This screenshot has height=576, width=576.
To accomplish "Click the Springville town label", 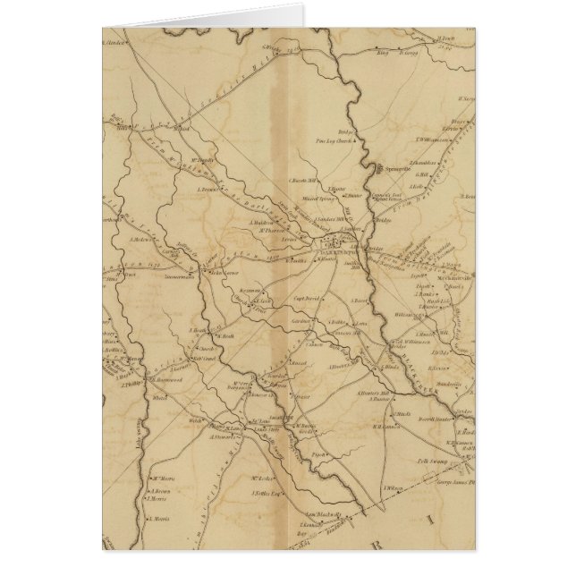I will click(396, 167).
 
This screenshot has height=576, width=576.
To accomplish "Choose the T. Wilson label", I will click(391, 486).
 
